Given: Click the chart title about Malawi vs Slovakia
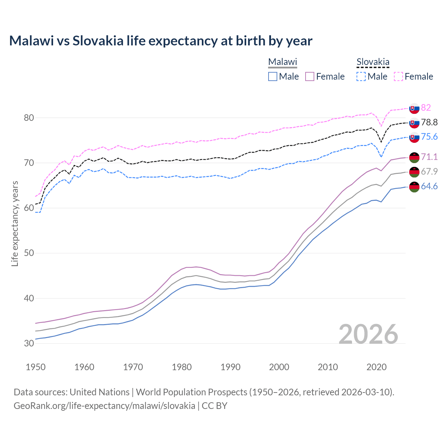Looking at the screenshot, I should click(x=161, y=41).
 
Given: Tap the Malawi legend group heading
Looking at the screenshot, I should click(x=282, y=62).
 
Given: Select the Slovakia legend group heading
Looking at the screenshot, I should click(x=373, y=62).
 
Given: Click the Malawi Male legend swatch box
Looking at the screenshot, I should click(x=273, y=76).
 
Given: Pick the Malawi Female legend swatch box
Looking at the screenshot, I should click(x=310, y=76).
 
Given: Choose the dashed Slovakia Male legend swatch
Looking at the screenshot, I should click(x=361, y=76).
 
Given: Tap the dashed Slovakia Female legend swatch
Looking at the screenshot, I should click(x=398, y=76).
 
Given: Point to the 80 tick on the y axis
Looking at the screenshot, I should click(x=29, y=118).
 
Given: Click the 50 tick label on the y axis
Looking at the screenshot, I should click(x=29, y=253).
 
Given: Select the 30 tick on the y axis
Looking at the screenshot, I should click(x=29, y=343).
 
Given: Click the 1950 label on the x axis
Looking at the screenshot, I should click(x=36, y=367).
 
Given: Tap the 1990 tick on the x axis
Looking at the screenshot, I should click(x=230, y=367).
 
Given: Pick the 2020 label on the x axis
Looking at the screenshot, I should click(x=376, y=367).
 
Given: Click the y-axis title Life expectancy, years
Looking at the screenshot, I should click(x=15, y=223).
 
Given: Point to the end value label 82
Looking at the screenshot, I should click(x=426, y=108).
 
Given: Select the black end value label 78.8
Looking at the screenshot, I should click(x=429, y=122).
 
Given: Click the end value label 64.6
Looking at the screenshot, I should click(x=429, y=186).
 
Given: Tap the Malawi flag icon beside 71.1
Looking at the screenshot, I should click(x=414, y=157).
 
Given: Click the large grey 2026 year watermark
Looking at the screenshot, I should click(x=368, y=334).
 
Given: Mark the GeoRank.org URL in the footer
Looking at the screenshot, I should click(x=104, y=406).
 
